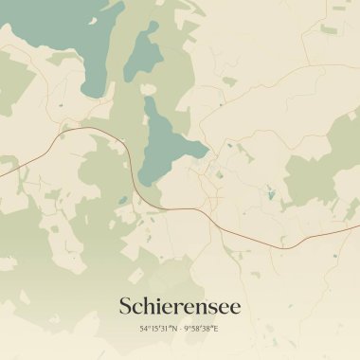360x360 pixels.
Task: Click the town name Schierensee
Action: pyautogui.click(x=180, y=307)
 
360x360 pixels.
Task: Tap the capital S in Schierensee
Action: pyautogui.click(x=126, y=307)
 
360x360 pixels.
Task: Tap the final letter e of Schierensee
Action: pyautogui.click(x=236, y=309)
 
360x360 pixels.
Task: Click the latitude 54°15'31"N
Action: pyautogui.click(x=158, y=329)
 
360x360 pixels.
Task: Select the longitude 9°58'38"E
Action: pyautogui.click(x=202, y=329)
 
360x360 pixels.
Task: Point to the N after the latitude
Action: pyautogui.click(x=174, y=329)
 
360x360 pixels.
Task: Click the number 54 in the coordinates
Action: pyautogui.click(x=144, y=329)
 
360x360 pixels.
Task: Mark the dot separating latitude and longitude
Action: pyautogui.click(x=180, y=329)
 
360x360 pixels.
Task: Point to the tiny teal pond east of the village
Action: pyautogui.click(x=270, y=196)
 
